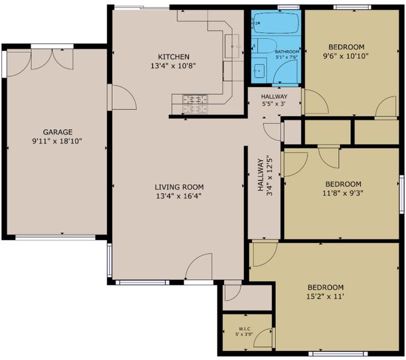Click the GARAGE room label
[x=58, y=132]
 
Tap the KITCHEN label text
[x=174, y=56]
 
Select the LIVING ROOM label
[x=179, y=187]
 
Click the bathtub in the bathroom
[x=276, y=23]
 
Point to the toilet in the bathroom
[x=264, y=46]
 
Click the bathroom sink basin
[x=259, y=71]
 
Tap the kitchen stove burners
[x=195, y=104]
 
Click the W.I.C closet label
[x=244, y=329]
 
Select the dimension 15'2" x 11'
[x=325, y=296]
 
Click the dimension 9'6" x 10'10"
[x=346, y=56]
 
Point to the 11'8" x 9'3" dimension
[x=343, y=193]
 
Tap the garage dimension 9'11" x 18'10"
[x=57, y=141]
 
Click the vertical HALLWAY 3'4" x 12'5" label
[x=265, y=175]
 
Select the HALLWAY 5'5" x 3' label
[x=274, y=100]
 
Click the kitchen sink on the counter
[x=232, y=46]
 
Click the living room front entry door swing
[x=199, y=266]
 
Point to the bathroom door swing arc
[x=285, y=71]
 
